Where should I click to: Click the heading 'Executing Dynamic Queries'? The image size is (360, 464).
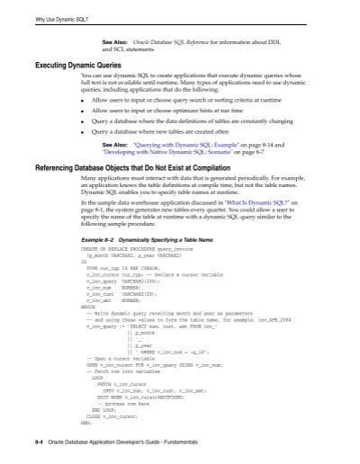[78, 65]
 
